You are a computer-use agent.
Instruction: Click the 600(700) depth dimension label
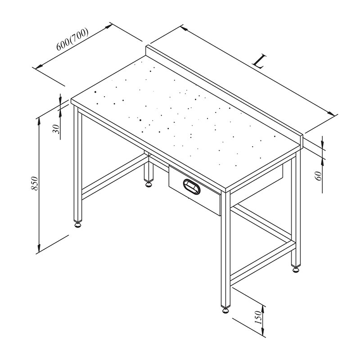(x=72, y=39)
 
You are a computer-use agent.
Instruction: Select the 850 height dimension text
(x=34, y=183)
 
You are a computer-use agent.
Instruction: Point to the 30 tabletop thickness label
(x=56, y=129)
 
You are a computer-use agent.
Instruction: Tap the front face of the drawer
(x=195, y=190)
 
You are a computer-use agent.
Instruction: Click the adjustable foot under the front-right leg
(x=225, y=310)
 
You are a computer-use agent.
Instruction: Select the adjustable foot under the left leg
(x=78, y=224)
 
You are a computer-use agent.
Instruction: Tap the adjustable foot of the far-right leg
(x=296, y=269)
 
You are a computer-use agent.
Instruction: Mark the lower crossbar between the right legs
(x=263, y=261)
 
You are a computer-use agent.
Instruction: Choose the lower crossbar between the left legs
(x=114, y=177)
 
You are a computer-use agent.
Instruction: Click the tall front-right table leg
(x=226, y=249)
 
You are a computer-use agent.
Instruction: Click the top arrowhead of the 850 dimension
(x=39, y=121)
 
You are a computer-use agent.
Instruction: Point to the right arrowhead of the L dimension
(x=331, y=113)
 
